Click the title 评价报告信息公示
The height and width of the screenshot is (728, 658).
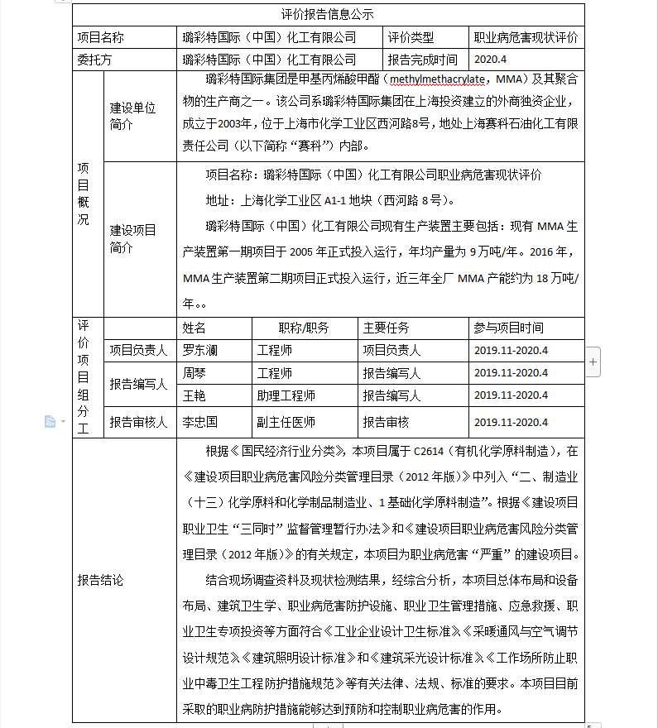[x=328, y=15]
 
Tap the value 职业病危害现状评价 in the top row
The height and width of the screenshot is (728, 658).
[x=526, y=37]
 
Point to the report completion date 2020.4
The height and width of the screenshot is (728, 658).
[x=490, y=60]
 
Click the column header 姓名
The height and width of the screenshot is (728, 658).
[x=195, y=328]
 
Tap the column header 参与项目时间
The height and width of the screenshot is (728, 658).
[x=509, y=328]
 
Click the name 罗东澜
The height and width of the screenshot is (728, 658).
[x=200, y=350]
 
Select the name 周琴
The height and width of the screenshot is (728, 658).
[x=195, y=373]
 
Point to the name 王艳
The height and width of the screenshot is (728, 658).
[x=195, y=395]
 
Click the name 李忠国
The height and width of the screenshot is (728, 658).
[x=200, y=422]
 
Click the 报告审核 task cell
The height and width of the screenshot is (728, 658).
[x=386, y=422]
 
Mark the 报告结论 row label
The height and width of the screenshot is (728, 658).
[x=100, y=580]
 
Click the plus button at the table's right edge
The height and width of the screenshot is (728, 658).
[x=593, y=362]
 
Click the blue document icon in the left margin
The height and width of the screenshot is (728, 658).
[x=50, y=422]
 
